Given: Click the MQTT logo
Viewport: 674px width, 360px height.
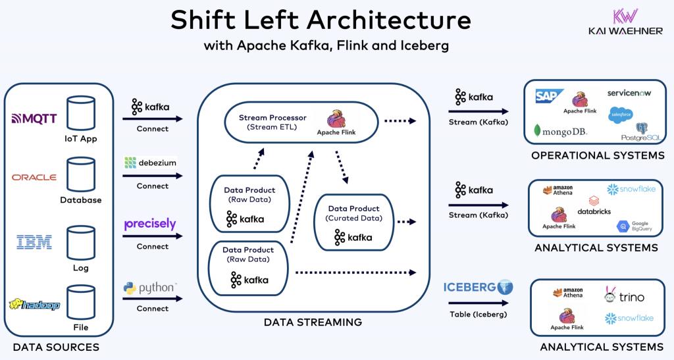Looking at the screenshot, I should coord(34,119).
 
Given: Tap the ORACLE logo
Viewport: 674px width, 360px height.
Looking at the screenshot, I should coord(34,177).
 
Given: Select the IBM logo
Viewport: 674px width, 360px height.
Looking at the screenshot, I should coord(34,242).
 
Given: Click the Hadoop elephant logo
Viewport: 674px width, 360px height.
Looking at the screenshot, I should coord(34,305).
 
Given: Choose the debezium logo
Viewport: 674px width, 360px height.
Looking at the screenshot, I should coord(150,163).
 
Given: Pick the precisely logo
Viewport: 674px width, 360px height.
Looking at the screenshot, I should coord(150,224).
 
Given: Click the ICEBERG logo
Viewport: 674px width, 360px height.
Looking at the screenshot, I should coord(478,287).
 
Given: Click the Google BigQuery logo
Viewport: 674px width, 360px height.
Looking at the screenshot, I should coord(635,226).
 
